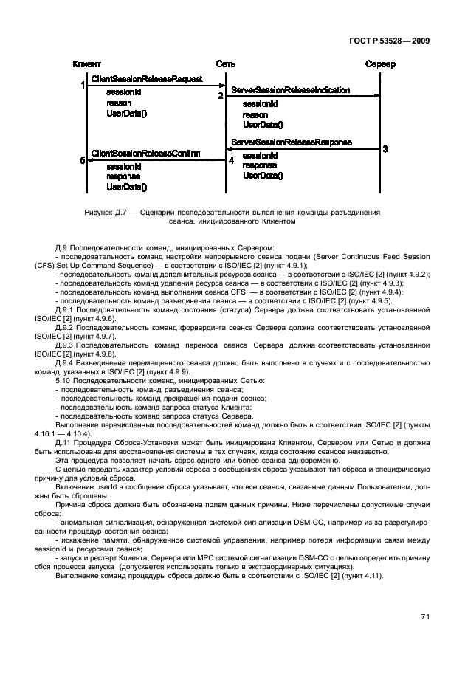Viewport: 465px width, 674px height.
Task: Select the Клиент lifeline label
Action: pos(87,64)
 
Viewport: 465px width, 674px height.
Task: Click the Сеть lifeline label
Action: pos(226,64)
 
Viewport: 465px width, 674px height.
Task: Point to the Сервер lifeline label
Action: pos(380,64)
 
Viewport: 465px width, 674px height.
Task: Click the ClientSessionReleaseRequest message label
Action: pos(147,78)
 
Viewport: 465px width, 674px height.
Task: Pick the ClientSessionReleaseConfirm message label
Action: pos(145,153)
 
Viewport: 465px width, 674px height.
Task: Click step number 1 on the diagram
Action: pos(83,86)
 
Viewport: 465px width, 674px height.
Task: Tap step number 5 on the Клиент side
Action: pos(83,159)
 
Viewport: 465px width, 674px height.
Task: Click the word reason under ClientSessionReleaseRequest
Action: pos(119,103)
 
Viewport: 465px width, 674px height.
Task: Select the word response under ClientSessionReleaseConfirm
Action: pos(123,177)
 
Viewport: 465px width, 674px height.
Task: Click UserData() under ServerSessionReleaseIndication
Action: pos(263,125)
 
